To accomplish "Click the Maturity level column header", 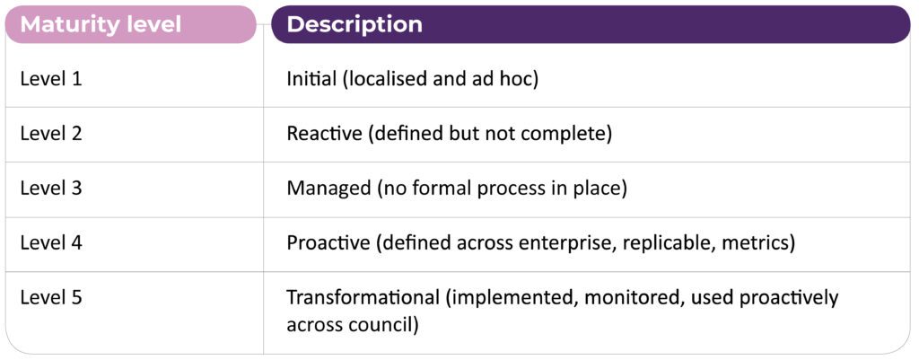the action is click(x=101, y=24).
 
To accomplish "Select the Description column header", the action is click(x=354, y=24).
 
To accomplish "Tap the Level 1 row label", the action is click(x=51, y=79).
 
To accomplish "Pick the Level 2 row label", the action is click(x=51, y=134).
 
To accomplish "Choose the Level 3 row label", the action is click(x=51, y=189).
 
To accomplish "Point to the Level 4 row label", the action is click(x=51, y=242).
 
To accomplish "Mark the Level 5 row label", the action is click(x=51, y=297).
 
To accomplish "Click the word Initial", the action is click(x=311, y=79).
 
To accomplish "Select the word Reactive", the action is click(x=325, y=134).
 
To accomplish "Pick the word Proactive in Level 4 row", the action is click(x=328, y=242).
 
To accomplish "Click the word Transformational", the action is click(x=363, y=297).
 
